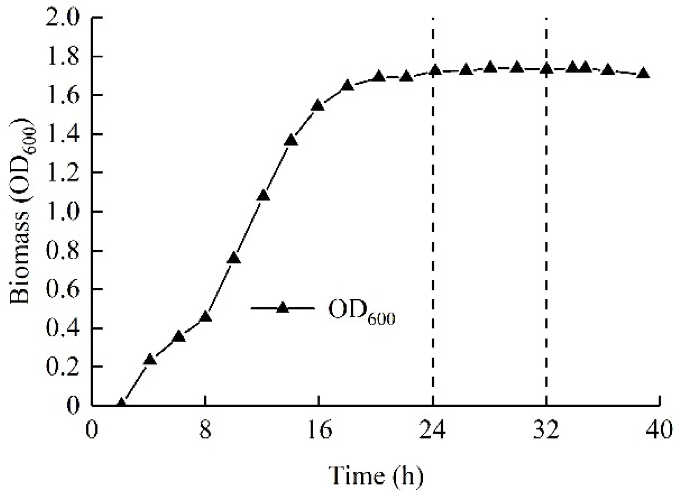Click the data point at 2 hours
(x=121, y=404)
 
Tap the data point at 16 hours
(x=318, y=106)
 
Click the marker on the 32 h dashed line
(x=546, y=69)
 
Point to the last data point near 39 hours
(x=643, y=74)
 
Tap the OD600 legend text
(x=361, y=314)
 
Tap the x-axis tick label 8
(x=205, y=430)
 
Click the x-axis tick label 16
(x=318, y=430)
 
